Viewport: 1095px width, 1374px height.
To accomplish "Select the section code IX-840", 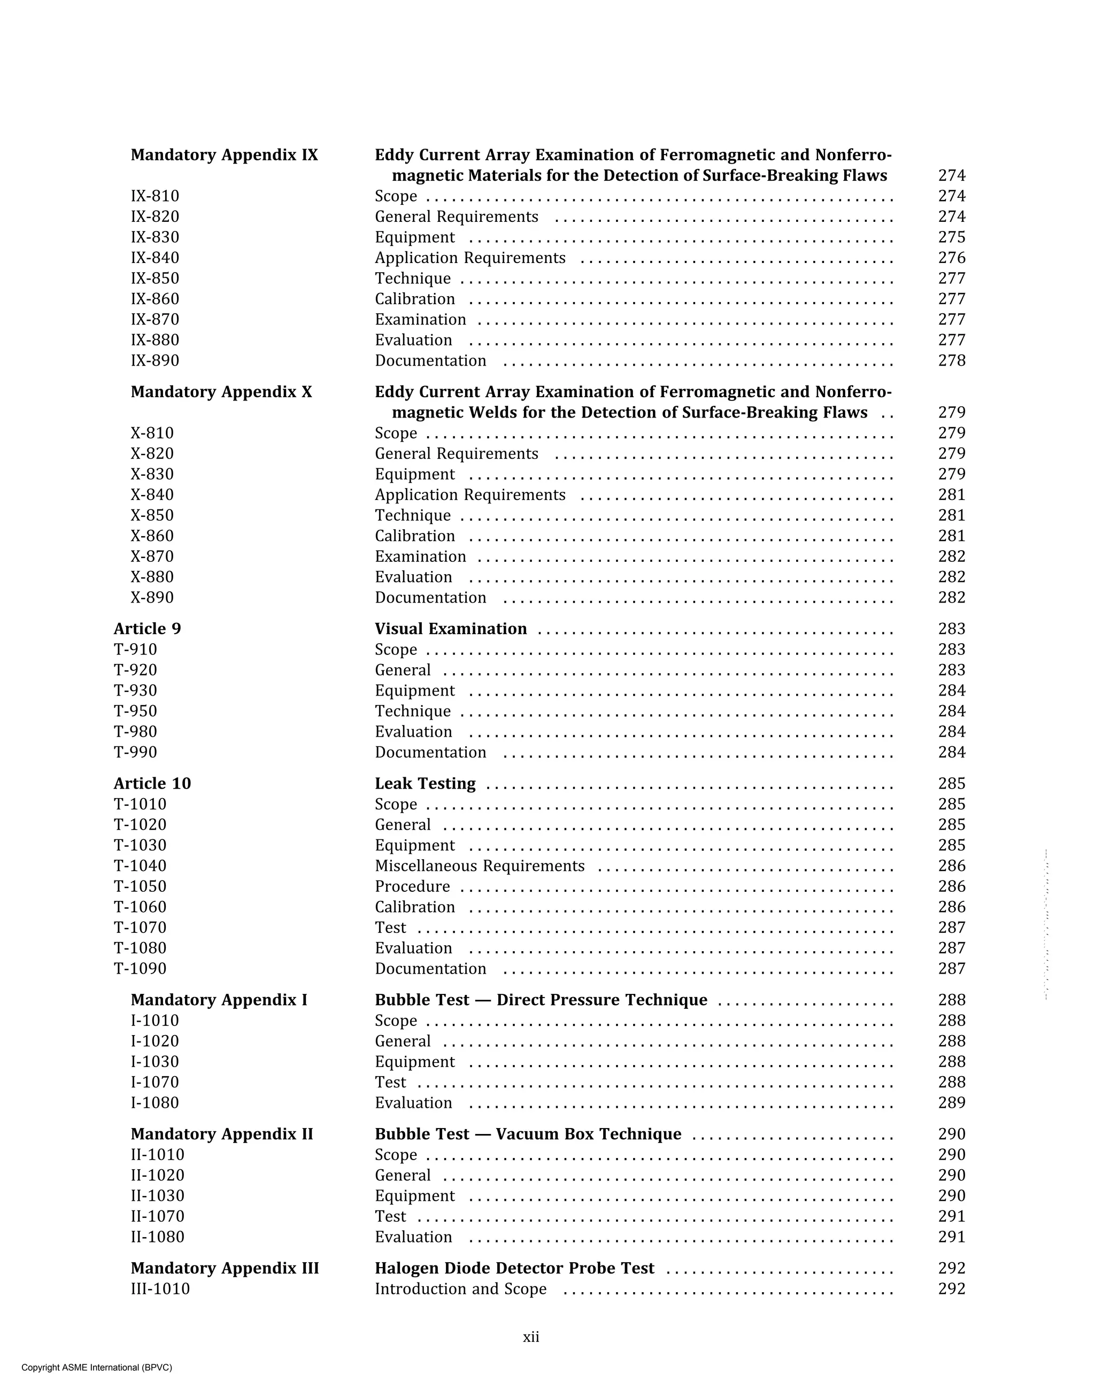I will (x=155, y=258).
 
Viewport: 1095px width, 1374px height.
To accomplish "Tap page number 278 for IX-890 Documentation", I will (x=951, y=361).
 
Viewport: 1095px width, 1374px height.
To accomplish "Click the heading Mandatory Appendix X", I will (x=221, y=392).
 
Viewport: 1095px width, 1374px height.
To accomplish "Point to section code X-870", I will (x=152, y=557).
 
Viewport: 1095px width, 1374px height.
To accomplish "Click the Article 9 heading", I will (x=147, y=629).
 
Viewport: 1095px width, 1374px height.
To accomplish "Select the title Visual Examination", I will (x=451, y=629).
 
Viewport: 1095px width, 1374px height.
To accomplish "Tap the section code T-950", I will (x=135, y=711).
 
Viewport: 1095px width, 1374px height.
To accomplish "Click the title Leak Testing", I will (x=425, y=784).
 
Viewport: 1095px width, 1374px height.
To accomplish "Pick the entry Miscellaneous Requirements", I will (x=479, y=866).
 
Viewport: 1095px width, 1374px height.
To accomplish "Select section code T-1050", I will (x=140, y=886).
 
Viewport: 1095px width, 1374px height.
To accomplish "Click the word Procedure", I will (x=412, y=886).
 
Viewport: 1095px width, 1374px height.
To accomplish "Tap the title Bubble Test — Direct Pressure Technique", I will (x=541, y=1000).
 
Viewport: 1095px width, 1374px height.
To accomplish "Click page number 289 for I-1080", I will (x=951, y=1102).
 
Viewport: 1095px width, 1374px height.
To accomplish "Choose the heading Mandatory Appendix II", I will (x=222, y=1134).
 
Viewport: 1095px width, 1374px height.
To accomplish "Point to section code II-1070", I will (x=157, y=1217).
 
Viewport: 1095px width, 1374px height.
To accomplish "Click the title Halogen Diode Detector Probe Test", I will (x=514, y=1268).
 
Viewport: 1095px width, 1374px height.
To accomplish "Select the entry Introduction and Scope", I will (x=460, y=1288).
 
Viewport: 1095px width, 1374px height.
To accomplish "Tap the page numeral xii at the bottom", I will (x=531, y=1337).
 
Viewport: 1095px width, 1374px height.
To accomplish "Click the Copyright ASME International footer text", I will (x=97, y=1367).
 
